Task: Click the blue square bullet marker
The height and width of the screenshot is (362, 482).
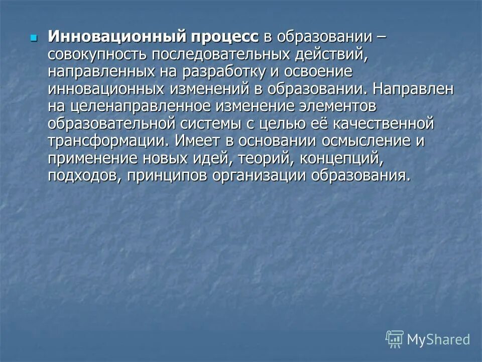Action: point(34,38)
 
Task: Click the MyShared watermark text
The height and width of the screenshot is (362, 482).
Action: point(438,339)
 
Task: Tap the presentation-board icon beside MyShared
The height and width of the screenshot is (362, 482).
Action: point(395,339)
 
